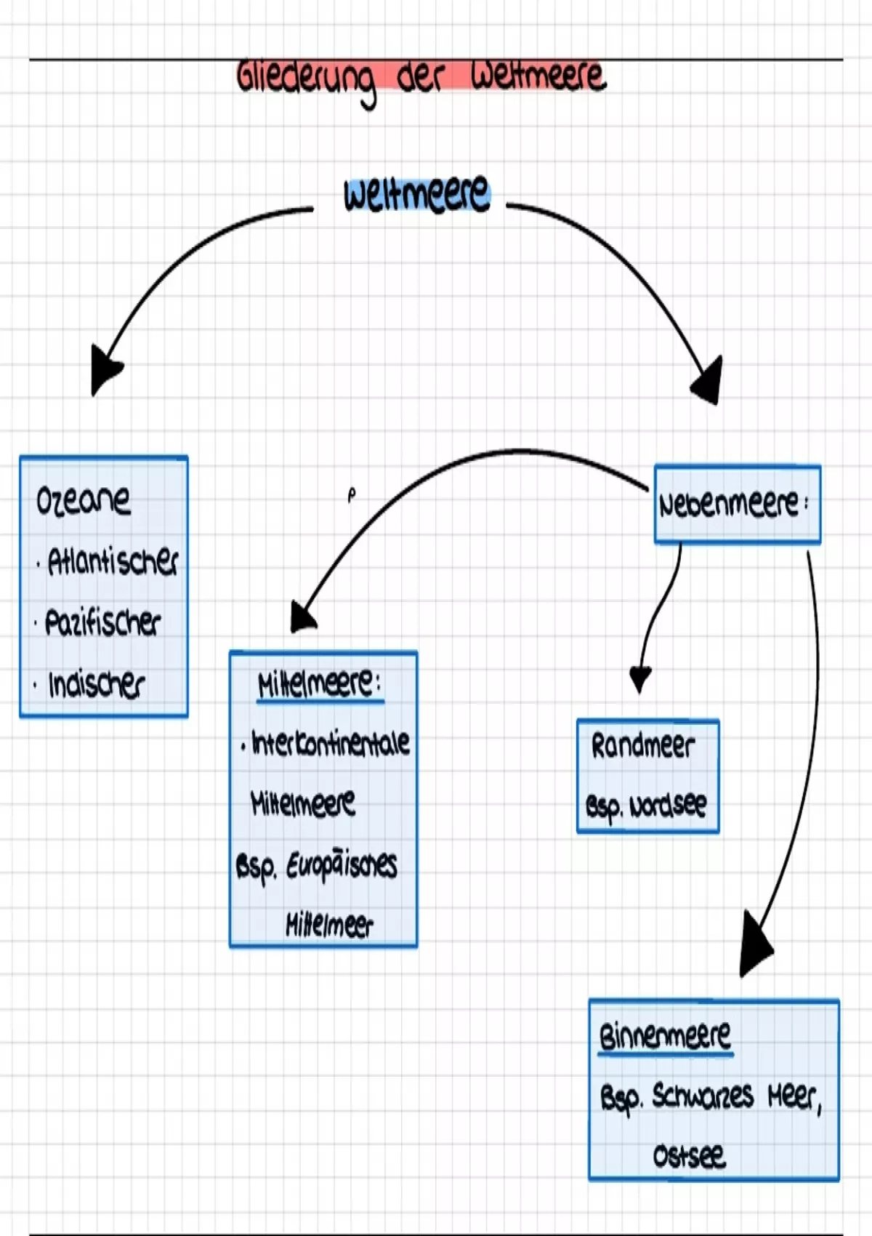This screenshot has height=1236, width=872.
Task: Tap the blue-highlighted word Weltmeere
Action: pos(416,194)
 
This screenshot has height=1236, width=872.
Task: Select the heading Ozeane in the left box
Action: pos(83,500)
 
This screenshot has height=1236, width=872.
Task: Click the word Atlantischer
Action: pos(113,561)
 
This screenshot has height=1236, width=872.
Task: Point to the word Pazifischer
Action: pos(102,622)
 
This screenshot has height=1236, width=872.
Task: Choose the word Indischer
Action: pos(96,684)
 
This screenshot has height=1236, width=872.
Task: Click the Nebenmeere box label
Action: pos(729,504)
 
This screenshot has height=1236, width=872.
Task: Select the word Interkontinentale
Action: pos(330,743)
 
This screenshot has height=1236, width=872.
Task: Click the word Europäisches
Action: pos(342,865)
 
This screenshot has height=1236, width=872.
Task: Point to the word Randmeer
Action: pos(642,746)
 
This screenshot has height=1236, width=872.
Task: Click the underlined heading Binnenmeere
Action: pos(664,1035)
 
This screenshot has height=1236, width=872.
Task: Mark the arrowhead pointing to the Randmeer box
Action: pos(640,678)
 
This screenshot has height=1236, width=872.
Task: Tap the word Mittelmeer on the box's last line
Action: pos(328,925)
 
